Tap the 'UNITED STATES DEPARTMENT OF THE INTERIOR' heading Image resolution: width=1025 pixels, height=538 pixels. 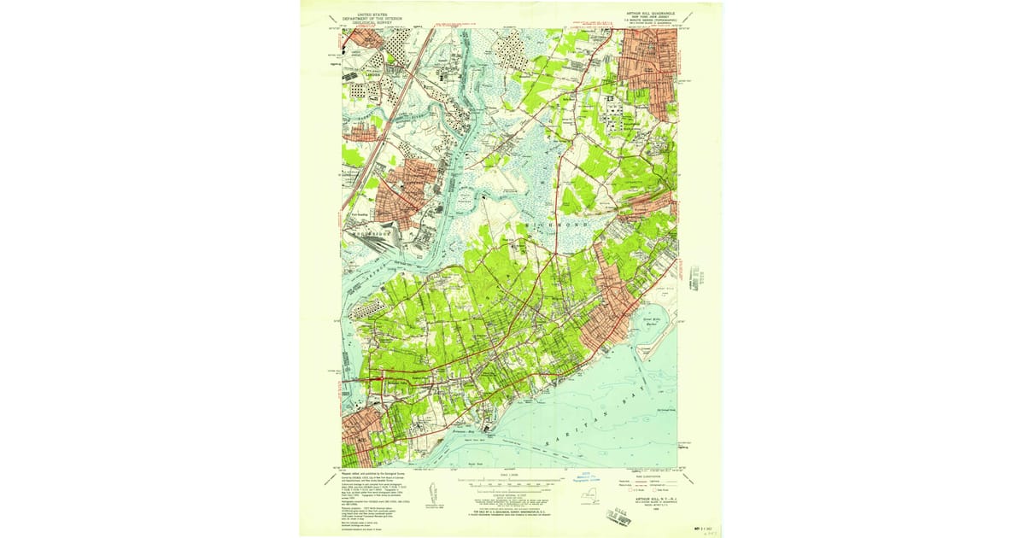(x=371, y=16)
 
